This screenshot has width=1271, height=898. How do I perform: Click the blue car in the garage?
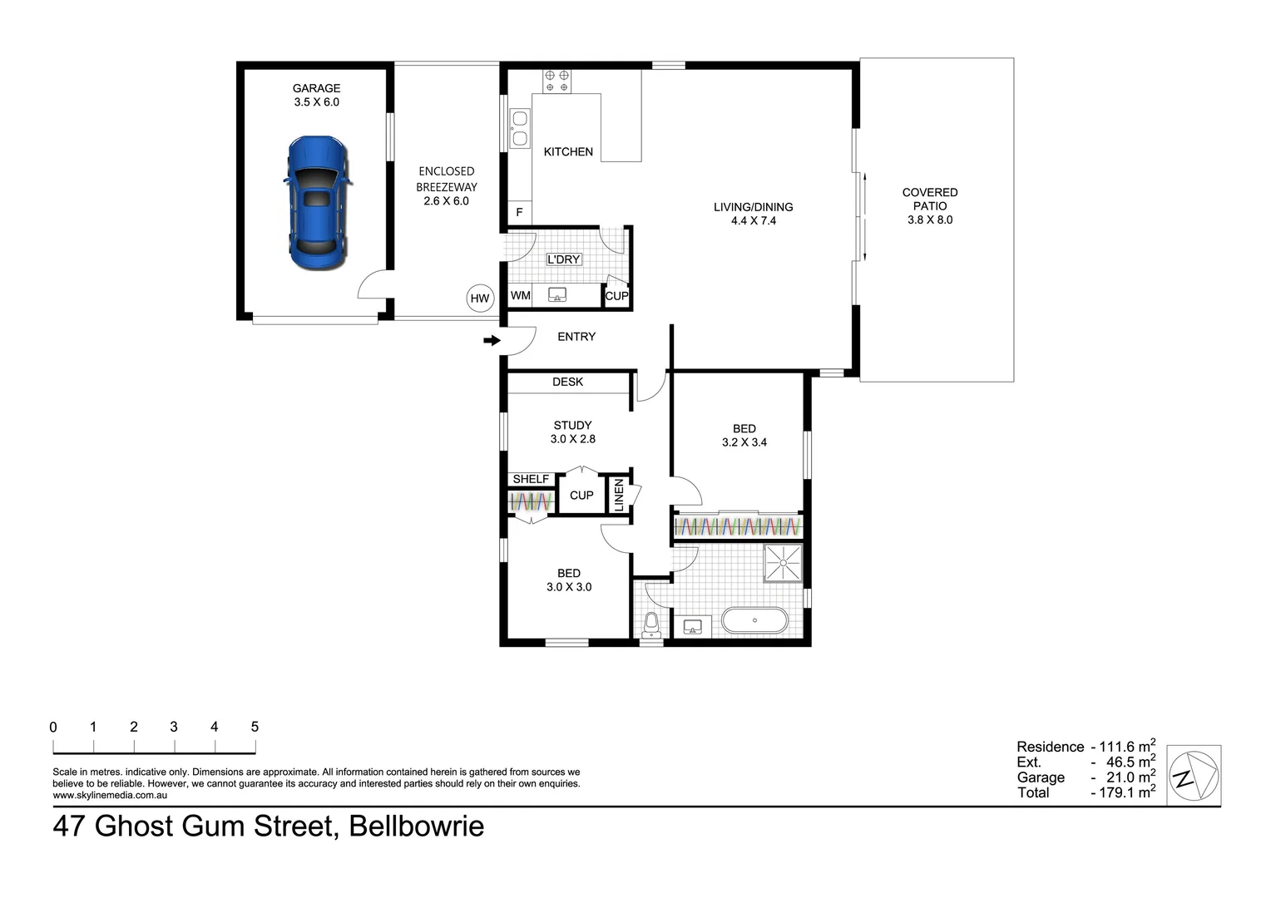click(318, 203)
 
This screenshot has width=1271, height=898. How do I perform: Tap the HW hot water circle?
click(480, 299)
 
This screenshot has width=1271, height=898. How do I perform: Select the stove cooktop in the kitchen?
click(556, 81)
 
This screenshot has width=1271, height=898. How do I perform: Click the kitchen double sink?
click(519, 128)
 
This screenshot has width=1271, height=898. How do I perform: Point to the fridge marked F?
click(519, 213)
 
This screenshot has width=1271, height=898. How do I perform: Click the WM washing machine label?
click(521, 295)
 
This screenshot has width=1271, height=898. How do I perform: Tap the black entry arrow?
click(492, 340)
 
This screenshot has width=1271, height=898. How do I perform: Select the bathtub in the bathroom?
click(754, 620)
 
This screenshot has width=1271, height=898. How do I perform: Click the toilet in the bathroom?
click(651, 626)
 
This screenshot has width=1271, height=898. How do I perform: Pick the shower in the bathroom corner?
click(783, 563)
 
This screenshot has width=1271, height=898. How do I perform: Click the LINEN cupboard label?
click(619, 495)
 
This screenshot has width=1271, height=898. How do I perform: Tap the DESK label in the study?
click(568, 382)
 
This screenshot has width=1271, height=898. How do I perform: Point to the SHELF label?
click(531, 480)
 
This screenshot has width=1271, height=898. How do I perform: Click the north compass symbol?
click(1194, 776)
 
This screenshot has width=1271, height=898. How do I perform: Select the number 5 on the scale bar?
click(255, 727)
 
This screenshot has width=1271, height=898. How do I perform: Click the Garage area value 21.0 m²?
click(1131, 777)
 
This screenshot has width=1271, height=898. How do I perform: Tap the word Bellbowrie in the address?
click(417, 826)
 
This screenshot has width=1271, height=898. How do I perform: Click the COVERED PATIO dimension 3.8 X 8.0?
click(930, 220)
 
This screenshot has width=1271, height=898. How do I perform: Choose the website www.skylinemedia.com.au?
click(110, 796)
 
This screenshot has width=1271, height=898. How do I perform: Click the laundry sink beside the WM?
click(557, 295)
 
